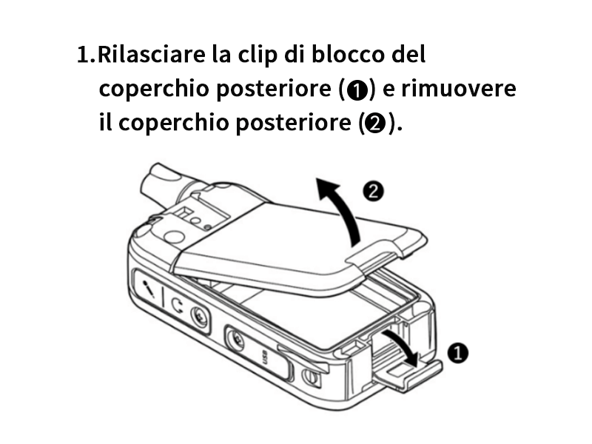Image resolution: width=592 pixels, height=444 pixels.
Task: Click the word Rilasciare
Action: pyautogui.click(x=152, y=54)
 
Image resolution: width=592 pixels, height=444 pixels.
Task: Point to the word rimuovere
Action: pyautogui.click(x=458, y=89)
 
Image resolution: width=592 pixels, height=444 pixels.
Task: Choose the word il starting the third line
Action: pyautogui.click(x=105, y=122)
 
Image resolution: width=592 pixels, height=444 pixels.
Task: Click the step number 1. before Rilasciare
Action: pyautogui.click(x=86, y=55)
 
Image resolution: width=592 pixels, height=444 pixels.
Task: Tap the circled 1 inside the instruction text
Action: pyautogui.click(x=357, y=90)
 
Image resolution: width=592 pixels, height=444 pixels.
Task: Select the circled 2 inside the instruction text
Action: pyautogui.click(x=374, y=124)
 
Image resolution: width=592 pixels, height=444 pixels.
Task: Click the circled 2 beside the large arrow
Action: pyautogui.click(x=374, y=192)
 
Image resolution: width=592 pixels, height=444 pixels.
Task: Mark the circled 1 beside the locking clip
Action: pyautogui.click(x=458, y=354)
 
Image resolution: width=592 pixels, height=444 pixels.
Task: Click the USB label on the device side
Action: pyautogui.click(x=265, y=357)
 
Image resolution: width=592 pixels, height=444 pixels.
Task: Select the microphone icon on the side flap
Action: pyautogui.click(x=149, y=289)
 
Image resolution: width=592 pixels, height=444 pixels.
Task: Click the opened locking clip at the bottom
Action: pyautogui.click(x=408, y=376)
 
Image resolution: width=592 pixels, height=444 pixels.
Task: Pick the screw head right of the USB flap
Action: pyautogui.click(x=311, y=377)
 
